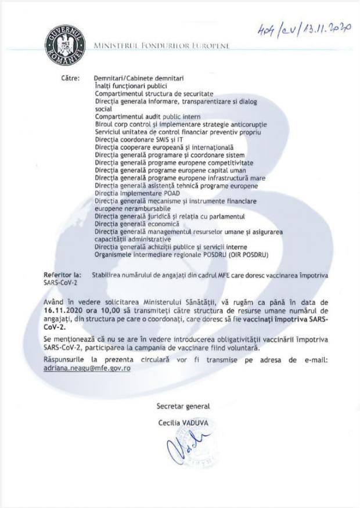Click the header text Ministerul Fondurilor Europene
pyautogui.click(x=161, y=45)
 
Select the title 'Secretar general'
pyautogui.click(x=182, y=406)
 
